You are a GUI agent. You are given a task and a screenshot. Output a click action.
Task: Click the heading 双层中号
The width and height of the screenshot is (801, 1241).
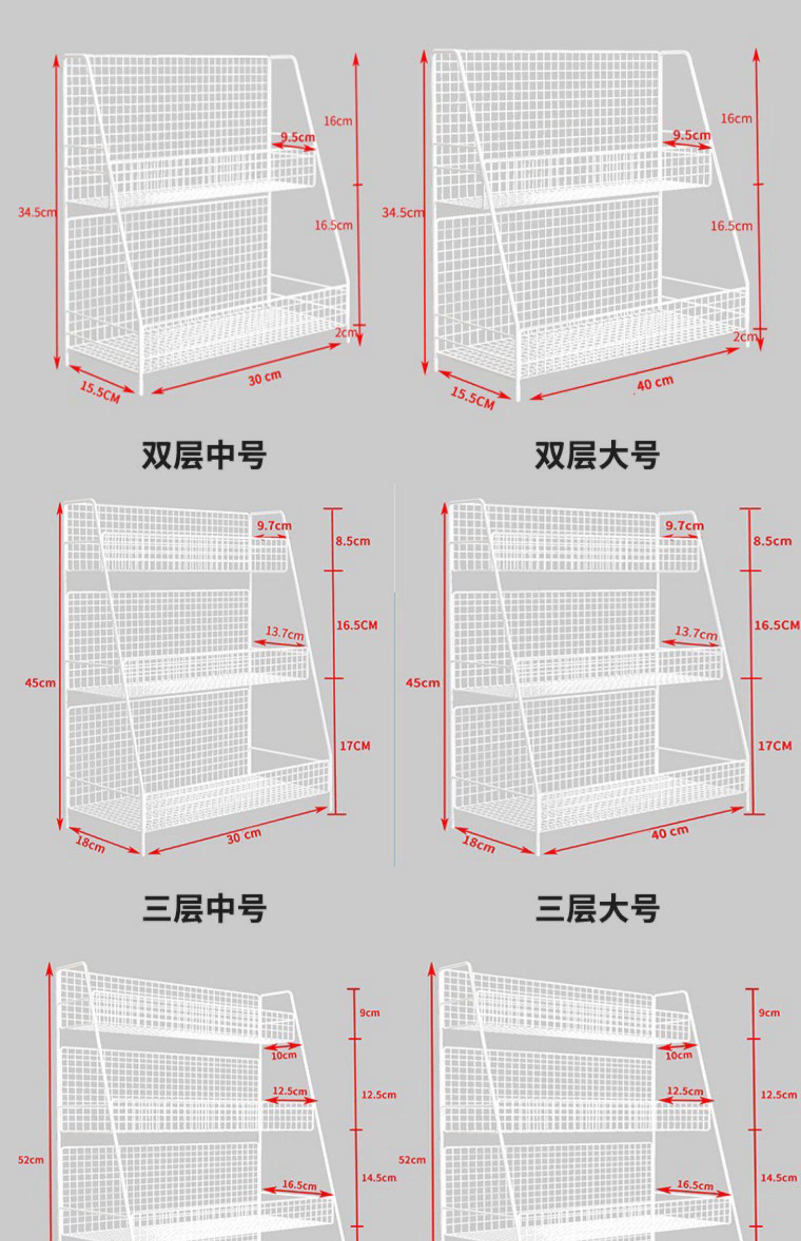click(x=203, y=455)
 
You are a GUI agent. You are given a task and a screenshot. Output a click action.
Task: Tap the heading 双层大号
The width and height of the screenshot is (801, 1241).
click(x=597, y=455)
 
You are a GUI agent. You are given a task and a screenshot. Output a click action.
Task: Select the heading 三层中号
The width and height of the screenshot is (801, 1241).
click(x=204, y=908)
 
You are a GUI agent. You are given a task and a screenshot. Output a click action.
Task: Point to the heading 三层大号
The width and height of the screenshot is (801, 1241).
click(x=597, y=908)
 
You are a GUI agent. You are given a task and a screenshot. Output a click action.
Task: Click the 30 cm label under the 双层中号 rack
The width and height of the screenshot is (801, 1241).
click(x=264, y=377)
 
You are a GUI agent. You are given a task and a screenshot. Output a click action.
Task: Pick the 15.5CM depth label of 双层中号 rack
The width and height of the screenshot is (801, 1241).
click(x=100, y=392)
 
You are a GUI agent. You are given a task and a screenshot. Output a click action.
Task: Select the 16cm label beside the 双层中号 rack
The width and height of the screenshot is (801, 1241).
click(x=338, y=121)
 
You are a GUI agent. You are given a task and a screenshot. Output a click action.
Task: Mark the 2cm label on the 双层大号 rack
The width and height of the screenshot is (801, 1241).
click(x=744, y=337)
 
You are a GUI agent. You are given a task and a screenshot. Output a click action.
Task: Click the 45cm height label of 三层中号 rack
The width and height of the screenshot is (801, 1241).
click(x=40, y=682)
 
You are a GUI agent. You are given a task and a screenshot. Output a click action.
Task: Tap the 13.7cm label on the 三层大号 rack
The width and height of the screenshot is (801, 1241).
click(x=696, y=633)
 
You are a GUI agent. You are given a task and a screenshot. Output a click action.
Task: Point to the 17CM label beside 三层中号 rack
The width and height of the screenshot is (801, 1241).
click(x=355, y=746)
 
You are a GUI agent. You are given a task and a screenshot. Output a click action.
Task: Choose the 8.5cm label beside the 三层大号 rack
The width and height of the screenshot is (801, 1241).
click(x=772, y=541)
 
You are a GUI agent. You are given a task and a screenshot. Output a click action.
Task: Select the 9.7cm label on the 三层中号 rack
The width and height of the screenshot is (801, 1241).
click(x=274, y=525)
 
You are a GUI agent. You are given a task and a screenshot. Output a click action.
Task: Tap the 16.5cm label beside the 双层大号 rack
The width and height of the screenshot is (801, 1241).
click(x=731, y=226)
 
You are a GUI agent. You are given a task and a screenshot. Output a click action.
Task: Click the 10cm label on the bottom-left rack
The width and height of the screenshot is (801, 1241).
click(x=283, y=1055)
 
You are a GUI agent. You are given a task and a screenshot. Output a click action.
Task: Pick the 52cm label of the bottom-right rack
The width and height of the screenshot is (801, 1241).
click(x=412, y=1160)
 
